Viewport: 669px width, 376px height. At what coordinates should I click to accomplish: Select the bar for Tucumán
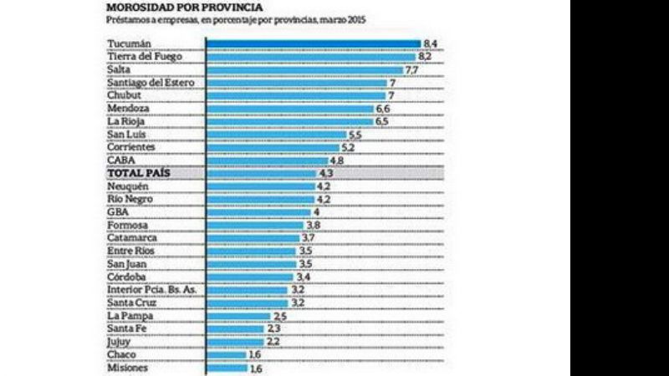314,43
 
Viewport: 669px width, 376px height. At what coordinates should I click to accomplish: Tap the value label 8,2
425,56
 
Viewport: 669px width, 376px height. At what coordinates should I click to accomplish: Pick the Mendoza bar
290,109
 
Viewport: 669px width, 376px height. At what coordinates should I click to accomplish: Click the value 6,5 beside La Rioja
381,121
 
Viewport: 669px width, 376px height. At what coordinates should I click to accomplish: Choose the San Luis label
125,135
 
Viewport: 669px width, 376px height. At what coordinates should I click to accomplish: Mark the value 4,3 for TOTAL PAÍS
326,173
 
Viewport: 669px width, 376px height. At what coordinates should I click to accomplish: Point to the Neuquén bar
260,186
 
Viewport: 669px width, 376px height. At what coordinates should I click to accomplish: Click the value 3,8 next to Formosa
314,226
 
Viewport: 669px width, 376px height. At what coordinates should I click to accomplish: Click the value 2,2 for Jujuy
273,342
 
